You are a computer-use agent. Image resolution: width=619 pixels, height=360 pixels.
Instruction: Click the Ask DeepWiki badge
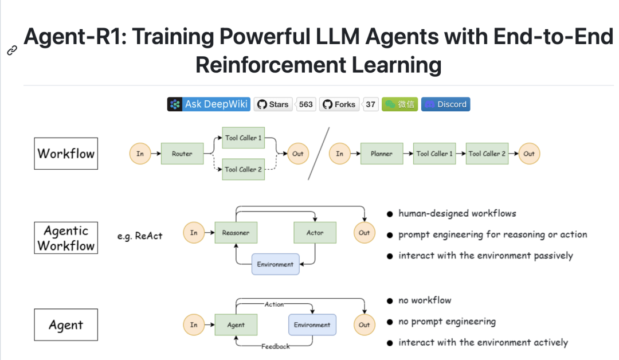point(209,104)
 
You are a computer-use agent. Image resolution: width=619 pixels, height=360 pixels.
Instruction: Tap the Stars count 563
point(306,104)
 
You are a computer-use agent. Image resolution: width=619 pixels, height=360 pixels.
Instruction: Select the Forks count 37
point(371,104)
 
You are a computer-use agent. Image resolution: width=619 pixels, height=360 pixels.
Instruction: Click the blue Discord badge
point(445,104)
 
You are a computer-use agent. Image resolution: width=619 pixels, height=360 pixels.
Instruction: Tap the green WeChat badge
point(399,104)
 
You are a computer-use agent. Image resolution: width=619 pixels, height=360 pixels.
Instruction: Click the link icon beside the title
point(11,50)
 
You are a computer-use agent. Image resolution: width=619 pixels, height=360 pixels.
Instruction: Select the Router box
point(182,154)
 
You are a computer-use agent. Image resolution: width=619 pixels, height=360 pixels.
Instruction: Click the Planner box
point(381,154)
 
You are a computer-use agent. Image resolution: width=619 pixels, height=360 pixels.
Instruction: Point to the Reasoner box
point(236,233)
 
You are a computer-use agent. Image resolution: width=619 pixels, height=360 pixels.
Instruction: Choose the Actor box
point(315,233)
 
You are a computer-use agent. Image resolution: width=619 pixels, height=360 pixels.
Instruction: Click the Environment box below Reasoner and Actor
point(275,264)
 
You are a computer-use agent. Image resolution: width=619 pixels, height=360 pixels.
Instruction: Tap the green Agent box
point(236,325)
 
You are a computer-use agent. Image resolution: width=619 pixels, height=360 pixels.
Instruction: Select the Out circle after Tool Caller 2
point(529,154)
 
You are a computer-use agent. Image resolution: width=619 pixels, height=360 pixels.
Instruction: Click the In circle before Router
point(140,154)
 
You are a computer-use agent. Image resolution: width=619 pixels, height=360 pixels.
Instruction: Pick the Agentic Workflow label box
point(66,238)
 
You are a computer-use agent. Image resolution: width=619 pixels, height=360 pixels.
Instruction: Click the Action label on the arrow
point(273,304)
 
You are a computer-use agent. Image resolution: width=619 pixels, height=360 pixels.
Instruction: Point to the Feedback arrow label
point(275,346)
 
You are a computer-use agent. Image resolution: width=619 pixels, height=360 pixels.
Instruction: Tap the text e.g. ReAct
point(140,236)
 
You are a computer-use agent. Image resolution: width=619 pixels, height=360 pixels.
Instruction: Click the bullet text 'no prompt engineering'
point(447,322)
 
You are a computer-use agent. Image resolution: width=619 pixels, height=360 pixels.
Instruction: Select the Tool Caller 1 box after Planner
point(434,154)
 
